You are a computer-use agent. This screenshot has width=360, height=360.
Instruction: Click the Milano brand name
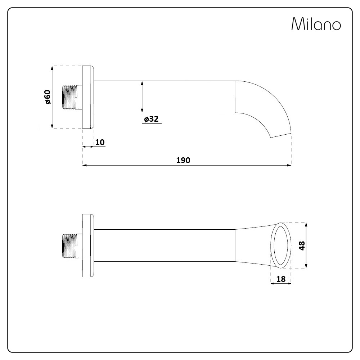316,24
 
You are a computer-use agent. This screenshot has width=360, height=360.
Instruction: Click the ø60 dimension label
48,97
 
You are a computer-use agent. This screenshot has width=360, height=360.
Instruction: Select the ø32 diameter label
151,119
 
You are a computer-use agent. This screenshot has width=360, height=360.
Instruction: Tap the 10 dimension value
100,142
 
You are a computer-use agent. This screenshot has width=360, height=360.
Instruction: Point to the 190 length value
183,160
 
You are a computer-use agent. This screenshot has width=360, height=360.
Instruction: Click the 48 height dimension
302,246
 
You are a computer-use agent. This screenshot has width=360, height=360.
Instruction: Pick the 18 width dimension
281,279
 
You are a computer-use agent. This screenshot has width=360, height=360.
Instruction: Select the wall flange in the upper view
88,97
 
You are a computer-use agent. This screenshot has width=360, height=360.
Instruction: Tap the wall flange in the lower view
88,246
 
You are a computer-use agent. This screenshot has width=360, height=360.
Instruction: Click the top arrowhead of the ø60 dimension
53,68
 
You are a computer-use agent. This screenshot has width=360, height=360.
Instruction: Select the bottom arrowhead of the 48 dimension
306,266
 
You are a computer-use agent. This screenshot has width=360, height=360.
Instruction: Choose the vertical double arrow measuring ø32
143,97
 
